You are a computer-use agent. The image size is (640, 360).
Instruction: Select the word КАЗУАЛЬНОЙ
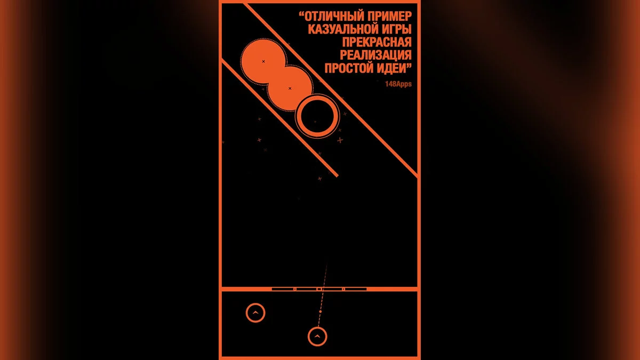tap(342, 29)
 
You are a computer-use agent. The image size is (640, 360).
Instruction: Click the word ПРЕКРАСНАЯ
tap(377, 42)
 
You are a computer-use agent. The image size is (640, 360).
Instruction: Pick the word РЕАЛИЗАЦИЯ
tap(375, 55)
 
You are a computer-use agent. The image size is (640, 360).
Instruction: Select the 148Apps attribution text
tap(398, 84)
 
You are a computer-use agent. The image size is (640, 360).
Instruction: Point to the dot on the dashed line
tap(321, 311)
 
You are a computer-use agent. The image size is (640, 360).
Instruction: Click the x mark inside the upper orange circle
tap(263, 61)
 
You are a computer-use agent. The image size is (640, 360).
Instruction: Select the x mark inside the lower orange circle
tap(290, 89)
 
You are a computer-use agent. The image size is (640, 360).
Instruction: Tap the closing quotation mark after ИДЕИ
tap(409, 65)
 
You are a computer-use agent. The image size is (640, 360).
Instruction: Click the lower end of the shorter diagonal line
tap(338, 175)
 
